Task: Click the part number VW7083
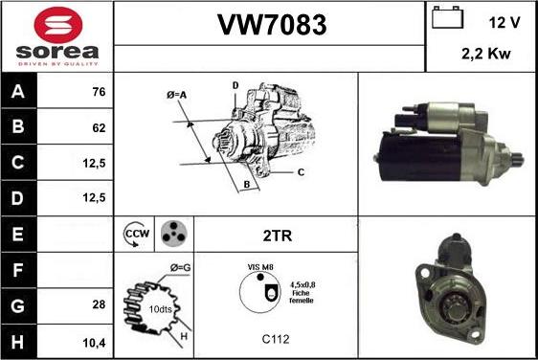(273, 25)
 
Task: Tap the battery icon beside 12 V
(447, 17)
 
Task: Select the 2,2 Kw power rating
(486, 54)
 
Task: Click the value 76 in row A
(99, 92)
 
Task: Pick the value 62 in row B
(99, 127)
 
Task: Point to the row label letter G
(18, 305)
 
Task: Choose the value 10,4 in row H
(94, 342)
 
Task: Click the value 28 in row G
(99, 304)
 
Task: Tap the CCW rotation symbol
(137, 234)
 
